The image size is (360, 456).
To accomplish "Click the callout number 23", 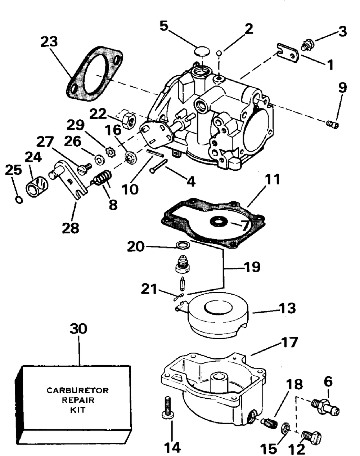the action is click(49, 42).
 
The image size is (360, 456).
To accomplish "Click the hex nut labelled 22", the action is click(126, 120).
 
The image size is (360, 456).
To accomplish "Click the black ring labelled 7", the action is click(219, 222).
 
